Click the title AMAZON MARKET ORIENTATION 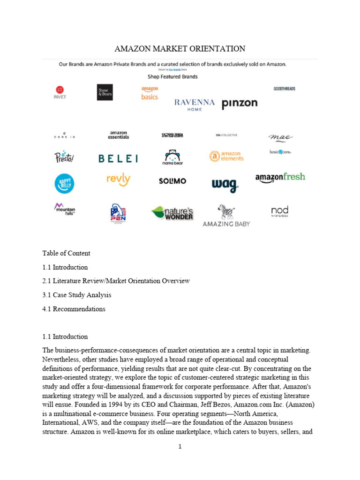pos(180,49)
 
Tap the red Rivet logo pos(60,92)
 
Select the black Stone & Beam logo pos(105,92)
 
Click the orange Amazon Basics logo pos(150,93)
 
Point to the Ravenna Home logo pos(195,104)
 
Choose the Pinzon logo pos(239,104)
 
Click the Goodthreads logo pos(284,89)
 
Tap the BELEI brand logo pos(118,159)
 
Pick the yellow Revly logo pos(118,180)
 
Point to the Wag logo pos(225,185)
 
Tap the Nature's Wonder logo pos(172,213)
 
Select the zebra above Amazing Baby pos(226,211)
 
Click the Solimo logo pos(172,181)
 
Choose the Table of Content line pos(66,253)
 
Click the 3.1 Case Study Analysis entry pos(77,295)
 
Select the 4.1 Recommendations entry pos(74,309)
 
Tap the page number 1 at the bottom pos(180,447)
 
